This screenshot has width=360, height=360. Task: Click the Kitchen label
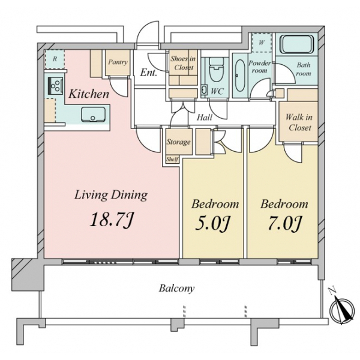click(89, 94)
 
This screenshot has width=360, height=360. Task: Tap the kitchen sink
click(93, 115)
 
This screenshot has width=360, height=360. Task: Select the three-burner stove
click(56, 85)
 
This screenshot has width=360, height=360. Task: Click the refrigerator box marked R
click(55, 59)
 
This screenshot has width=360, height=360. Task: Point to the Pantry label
click(118, 62)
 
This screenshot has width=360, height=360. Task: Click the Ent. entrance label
click(149, 73)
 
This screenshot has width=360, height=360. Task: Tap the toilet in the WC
click(217, 69)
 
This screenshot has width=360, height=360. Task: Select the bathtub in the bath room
click(296, 44)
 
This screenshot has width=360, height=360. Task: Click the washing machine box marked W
click(262, 43)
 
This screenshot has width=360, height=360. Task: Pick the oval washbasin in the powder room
click(240, 76)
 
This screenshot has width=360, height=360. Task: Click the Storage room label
click(179, 142)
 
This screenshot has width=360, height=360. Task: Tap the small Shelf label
click(172, 159)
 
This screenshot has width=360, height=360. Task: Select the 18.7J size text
click(112, 220)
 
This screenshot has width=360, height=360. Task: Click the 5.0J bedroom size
click(213, 223)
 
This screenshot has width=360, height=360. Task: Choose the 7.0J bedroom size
click(284, 223)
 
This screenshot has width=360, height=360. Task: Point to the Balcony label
click(177, 288)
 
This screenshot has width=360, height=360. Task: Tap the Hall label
click(205, 118)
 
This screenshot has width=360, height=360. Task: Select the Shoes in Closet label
click(183, 63)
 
